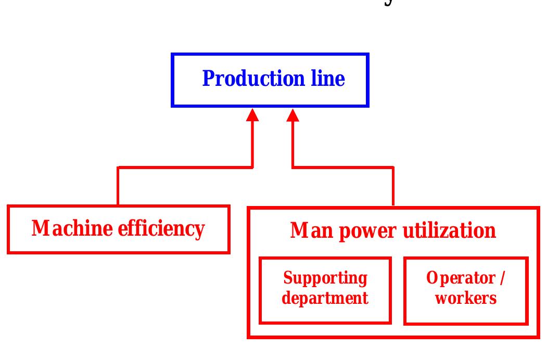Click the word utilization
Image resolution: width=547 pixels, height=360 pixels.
(x=446, y=230)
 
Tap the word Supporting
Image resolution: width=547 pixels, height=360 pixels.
(x=325, y=279)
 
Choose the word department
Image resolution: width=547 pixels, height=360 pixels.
(x=325, y=299)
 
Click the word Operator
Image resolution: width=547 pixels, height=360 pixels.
(x=459, y=279)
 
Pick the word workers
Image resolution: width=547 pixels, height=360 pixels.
(x=466, y=299)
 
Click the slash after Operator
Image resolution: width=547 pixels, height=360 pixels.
(x=501, y=279)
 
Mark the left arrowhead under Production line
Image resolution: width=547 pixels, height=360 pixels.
(x=252, y=115)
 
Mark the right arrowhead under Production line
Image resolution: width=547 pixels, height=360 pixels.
(x=293, y=115)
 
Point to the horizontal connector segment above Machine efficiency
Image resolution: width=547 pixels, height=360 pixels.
(x=185, y=168)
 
